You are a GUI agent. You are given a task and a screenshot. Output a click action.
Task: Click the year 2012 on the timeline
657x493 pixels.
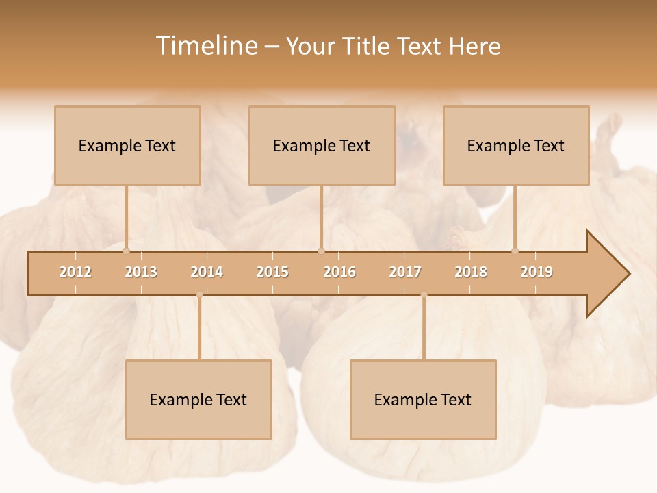[75, 272]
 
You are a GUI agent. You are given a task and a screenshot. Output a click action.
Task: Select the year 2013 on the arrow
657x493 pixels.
[141, 272]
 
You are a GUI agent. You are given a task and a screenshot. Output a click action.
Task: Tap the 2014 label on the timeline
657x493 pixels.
[207, 272]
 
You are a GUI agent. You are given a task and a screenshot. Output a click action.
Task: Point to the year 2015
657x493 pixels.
[272, 272]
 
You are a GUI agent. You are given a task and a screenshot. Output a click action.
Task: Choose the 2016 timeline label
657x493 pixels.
[339, 272]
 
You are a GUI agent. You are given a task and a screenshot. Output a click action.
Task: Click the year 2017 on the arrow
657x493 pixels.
[405, 272]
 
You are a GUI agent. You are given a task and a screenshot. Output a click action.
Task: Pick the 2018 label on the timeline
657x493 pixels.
[471, 272]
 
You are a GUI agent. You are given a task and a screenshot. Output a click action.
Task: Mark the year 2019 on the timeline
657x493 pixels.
[537, 272]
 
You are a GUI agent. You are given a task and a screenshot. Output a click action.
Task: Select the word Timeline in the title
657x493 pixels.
[205, 46]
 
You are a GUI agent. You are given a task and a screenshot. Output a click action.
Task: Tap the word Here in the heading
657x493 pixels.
[475, 46]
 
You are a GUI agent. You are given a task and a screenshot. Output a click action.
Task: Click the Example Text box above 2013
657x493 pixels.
[127, 145]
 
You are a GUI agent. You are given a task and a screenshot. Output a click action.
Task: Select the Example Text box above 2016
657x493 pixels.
[322, 145]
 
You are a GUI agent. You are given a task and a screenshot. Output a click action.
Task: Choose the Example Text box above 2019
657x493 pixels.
[516, 145]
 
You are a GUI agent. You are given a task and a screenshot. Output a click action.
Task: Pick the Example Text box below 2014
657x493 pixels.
[198, 399]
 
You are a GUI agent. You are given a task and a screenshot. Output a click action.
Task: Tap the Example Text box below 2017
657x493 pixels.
[423, 399]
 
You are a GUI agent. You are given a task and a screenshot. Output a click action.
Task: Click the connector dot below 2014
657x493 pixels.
[199, 294]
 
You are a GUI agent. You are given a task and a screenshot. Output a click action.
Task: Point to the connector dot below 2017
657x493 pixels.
[424, 294]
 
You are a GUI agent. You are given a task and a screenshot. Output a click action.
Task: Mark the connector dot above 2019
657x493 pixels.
[515, 251]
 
